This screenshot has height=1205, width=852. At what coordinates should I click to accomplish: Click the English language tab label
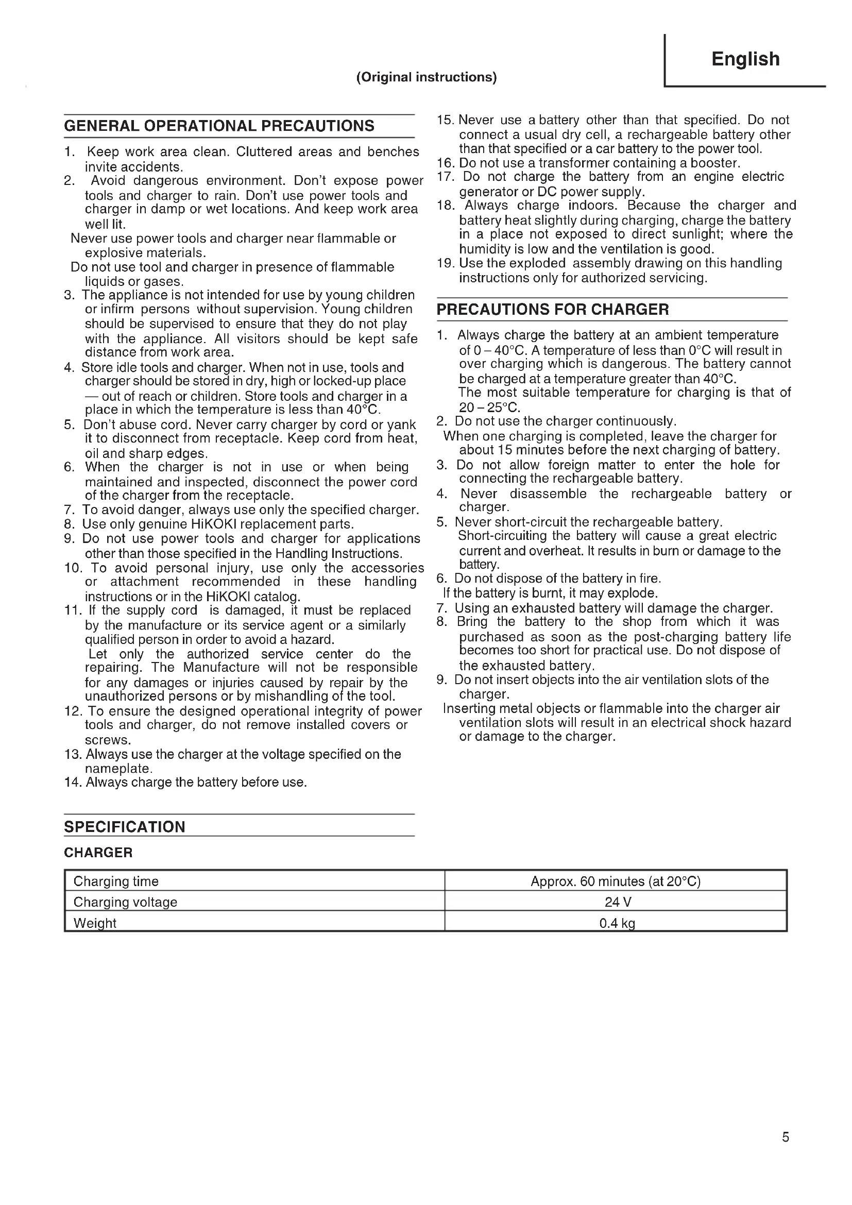pyautogui.click(x=745, y=59)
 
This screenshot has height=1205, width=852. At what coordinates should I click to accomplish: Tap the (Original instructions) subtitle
pyautogui.click(x=426, y=77)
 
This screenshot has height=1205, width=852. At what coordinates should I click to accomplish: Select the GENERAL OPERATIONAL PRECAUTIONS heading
pyautogui.click(x=219, y=126)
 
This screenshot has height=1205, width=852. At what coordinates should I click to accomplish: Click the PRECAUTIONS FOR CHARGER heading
pyautogui.click(x=552, y=310)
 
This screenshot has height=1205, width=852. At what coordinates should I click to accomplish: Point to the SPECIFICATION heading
pyautogui.click(x=125, y=827)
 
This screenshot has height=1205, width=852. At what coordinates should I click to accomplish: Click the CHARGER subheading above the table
pyautogui.click(x=98, y=852)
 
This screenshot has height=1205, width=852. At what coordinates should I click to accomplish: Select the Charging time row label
pyautogui.click(x=116, y=881)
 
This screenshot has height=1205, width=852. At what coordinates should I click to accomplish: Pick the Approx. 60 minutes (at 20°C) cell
pyautogui.click(x=616, y=881)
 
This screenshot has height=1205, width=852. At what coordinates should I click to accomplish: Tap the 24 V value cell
pyautogui.click(x=618, y=902)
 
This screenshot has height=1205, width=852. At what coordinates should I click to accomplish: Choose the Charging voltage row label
pyautogui.click(x=125, y=902)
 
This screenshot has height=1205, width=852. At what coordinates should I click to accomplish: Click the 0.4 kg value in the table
pyautogui.click(x=617, y=923)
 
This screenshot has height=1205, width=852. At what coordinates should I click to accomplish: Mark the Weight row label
pyautogui.click(x=95, y=923)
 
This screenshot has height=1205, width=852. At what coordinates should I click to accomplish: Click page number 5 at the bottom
pyautogui.click(x=786, y=1137)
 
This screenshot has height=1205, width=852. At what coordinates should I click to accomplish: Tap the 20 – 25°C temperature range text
pyautogui.click(x=489, y=408)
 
